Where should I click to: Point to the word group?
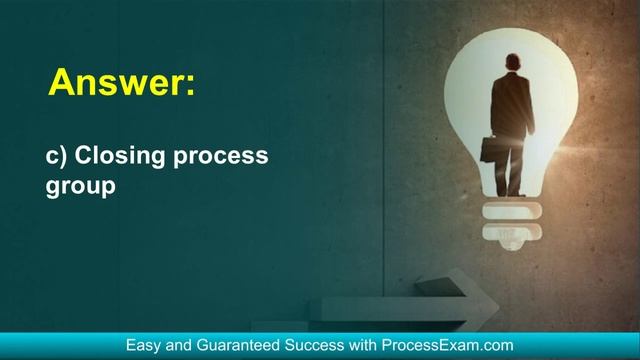point(76,186)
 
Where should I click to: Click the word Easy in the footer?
point(143,346)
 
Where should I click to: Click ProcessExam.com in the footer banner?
point(448,346)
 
